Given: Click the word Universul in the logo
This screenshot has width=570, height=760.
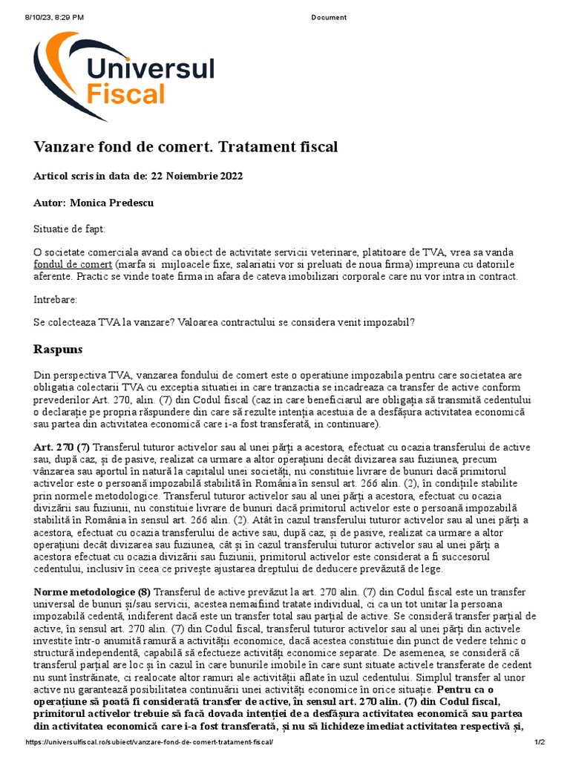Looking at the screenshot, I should pyautogui.click(x=151, y=69).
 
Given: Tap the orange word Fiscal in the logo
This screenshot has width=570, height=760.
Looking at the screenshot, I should pyautogui.click(x=125, y=95).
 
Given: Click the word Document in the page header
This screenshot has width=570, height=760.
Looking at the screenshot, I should pyautogui.click(x=328, y=17).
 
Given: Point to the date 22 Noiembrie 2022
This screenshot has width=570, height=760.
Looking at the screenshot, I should pyautogui.click(x=197, y=176).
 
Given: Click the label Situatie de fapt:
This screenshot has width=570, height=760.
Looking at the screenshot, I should pyautogui.click(x=70, y=229).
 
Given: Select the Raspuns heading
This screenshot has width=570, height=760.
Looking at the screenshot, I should pyautogui.click(x=58, y=349).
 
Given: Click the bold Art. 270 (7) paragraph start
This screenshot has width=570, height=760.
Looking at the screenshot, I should pyautogui.click(x=62, y=448).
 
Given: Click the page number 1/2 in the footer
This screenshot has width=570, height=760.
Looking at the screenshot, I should pyautogui.click(x=540, y=743).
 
